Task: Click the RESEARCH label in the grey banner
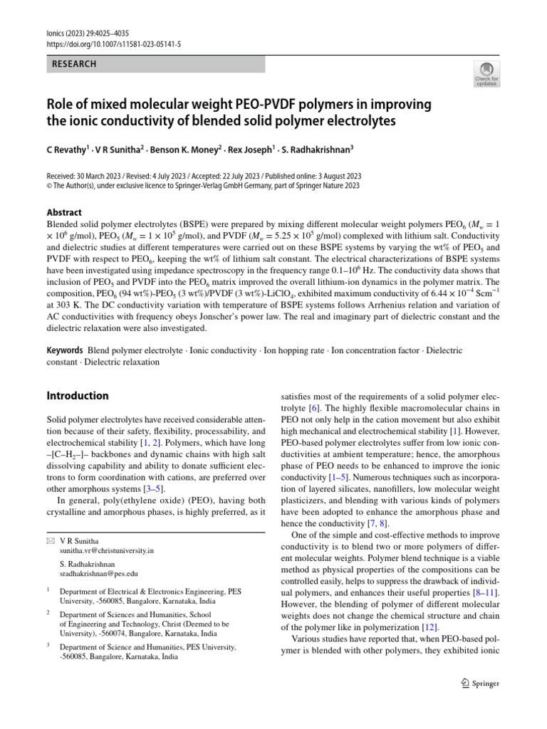point(74,64)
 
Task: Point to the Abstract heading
point(64,212)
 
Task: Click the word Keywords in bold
point(65,351)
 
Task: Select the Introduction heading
point(78,396)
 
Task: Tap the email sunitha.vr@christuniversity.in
point(107,550)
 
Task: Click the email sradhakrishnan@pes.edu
point(99,572)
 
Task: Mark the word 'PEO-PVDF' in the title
point(239,105)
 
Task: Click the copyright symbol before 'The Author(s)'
point(49,186)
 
